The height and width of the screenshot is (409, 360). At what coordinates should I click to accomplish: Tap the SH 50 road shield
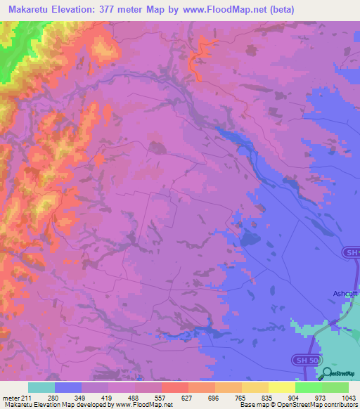pos(302,360)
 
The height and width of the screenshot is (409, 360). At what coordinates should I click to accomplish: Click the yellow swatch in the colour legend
pos(281,387)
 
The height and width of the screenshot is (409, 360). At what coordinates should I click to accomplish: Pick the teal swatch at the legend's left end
pos(41,387)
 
